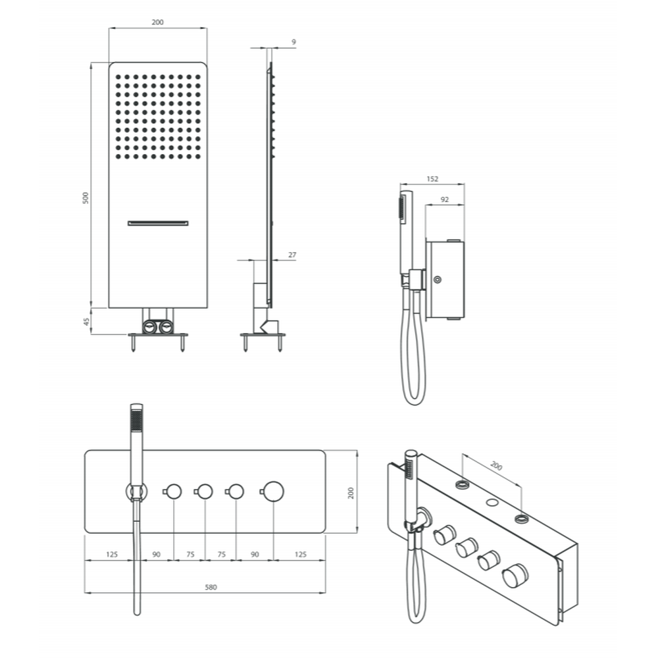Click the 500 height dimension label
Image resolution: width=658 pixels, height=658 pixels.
click(x=86, y=197)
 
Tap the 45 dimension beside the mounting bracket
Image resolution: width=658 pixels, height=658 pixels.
click(x=86, y=322)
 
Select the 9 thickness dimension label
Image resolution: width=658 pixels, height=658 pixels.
click(x=293, y=42)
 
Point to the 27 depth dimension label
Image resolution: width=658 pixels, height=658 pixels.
click(x=292, y=255)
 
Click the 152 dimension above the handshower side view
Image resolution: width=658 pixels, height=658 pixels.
click(x=432, y=179)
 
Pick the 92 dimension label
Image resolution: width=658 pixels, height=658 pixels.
click(x=445, y=199)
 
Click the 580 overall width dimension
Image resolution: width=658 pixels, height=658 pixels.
click(x=211, y=587)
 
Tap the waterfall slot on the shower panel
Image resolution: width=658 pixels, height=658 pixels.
click(x=158, y=223)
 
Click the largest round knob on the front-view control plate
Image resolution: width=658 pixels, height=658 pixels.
click(x=274, y=492)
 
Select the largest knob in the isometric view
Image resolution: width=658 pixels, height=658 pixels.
click(x=515, y=575)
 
